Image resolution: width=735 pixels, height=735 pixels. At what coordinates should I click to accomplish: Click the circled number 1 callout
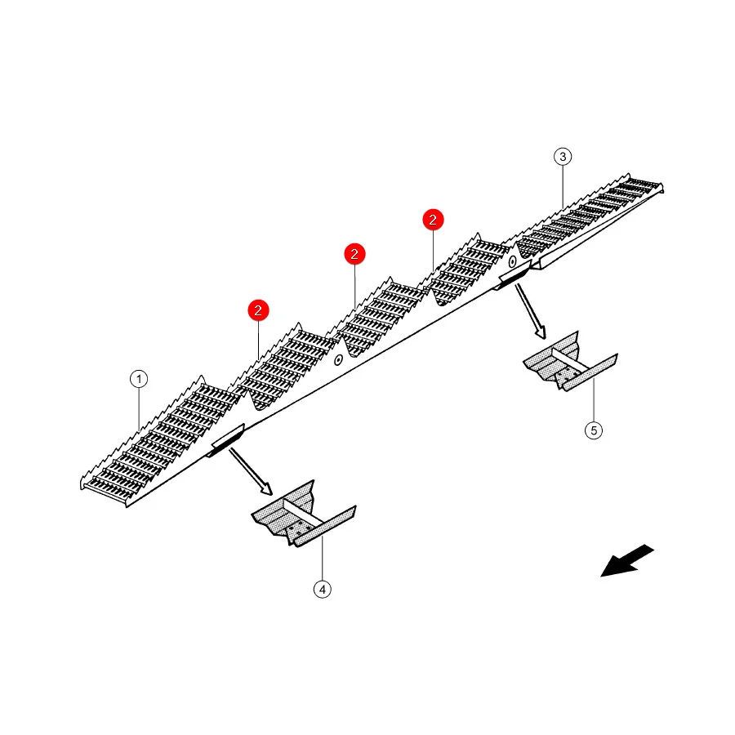[139, 379]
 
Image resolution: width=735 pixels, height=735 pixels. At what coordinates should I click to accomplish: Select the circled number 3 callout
[563, 157]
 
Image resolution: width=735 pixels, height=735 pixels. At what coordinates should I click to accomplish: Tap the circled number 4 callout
[322, 589]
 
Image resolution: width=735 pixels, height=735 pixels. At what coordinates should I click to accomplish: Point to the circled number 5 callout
[594, 430]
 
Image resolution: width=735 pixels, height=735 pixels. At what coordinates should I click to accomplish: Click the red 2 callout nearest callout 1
[258, 310]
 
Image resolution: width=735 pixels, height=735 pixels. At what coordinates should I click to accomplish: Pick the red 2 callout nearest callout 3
[433, 220]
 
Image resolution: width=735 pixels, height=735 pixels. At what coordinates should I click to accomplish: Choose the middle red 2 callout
[355, 254]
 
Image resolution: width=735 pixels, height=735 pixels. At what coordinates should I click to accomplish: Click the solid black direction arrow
[626, 560]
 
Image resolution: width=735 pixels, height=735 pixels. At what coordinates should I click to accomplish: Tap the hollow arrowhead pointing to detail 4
[266, 489]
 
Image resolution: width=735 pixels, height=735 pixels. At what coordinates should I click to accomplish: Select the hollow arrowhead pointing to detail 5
[541, 332]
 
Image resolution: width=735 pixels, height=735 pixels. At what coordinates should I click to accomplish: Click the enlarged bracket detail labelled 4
[304, 514]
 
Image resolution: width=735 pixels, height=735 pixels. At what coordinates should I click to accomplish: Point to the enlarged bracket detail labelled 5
[570, 362]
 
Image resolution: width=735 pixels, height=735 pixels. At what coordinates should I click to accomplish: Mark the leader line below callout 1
[139, 408]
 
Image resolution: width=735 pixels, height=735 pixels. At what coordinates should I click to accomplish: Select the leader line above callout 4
[322, 559]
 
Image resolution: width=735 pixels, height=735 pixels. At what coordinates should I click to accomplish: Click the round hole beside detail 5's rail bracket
[512, 261]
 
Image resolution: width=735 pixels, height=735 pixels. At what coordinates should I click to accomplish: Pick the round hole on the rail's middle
[338, 360]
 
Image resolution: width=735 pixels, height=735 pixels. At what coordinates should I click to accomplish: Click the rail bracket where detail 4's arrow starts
[226, 439]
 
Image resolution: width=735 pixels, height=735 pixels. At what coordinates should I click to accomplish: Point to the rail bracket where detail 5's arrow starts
[513, 276]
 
